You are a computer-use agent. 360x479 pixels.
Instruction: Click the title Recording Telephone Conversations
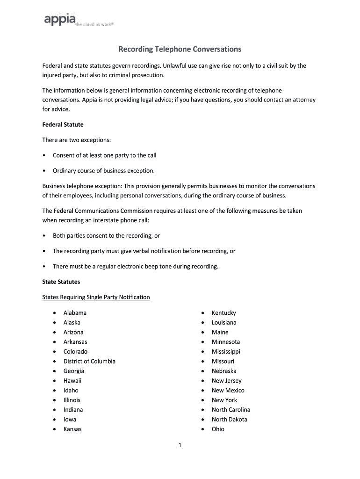click(180, 49)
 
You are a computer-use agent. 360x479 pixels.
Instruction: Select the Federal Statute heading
click(63, 125)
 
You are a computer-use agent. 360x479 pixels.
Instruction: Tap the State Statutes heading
click(61, 282)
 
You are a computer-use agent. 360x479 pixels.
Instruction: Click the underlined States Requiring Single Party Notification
click(96, 297)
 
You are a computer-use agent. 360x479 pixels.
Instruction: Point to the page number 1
click(180, 446)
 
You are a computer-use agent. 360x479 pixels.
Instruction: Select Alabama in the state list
click(75, 313)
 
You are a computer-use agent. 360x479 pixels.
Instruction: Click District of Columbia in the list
click(89, 361)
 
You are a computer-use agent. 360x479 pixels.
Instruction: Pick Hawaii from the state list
click(72, 381)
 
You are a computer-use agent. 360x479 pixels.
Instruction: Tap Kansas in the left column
click(72, 429)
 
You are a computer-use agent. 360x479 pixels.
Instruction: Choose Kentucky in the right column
click(223, 313)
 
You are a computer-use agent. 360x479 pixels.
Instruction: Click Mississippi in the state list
click(226, 352)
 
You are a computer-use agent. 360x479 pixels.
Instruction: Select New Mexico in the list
click(228, 391)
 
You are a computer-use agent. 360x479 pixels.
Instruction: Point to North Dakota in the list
click(229, 420)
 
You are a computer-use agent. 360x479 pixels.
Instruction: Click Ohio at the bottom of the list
click(218, 429)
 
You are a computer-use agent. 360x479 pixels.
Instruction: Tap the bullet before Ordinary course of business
click(44, 171)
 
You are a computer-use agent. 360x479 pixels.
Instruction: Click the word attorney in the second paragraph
click(304, 100)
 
